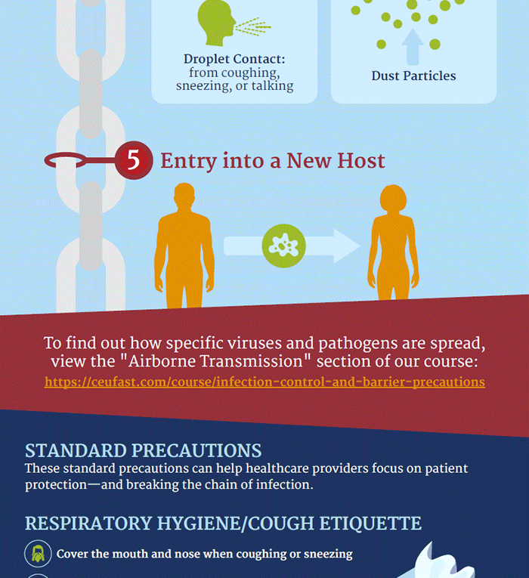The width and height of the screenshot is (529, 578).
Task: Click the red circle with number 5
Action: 134,161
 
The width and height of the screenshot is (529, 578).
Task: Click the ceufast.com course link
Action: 264,382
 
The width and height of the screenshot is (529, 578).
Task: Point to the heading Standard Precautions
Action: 144,451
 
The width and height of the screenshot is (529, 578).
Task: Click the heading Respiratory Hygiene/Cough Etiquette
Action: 223,523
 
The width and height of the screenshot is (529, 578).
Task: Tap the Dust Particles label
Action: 413,76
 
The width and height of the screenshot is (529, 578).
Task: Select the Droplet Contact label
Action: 234,59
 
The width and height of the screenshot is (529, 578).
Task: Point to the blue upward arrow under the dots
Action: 412,47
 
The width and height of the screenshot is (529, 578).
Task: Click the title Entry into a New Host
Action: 273,161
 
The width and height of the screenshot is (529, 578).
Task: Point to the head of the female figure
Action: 393,198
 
